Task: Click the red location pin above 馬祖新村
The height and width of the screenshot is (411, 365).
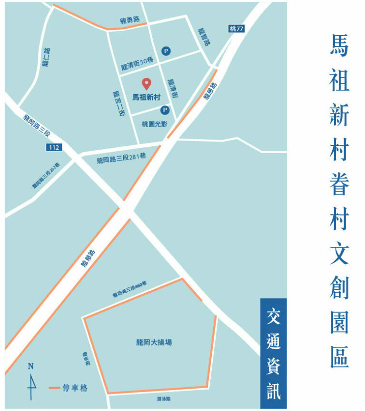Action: tap(146, 84)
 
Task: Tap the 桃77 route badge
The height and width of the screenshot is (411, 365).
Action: tap(236, 29)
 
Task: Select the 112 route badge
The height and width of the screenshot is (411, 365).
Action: tap(54, 147)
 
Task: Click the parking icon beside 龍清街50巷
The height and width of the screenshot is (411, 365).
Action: tap(166, 50)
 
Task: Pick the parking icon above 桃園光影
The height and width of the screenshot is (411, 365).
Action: tap(165, 110)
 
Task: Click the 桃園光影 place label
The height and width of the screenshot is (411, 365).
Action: tap(154, 124)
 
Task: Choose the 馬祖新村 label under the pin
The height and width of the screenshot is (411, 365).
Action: tap(146, 97)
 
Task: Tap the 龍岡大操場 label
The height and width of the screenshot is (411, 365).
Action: tap(154, 342)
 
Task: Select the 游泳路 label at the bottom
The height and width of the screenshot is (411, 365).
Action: tap(164, 399)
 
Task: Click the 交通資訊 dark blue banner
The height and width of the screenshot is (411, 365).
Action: tap(273, 354)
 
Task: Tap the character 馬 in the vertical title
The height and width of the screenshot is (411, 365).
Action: tap(339, 45)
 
